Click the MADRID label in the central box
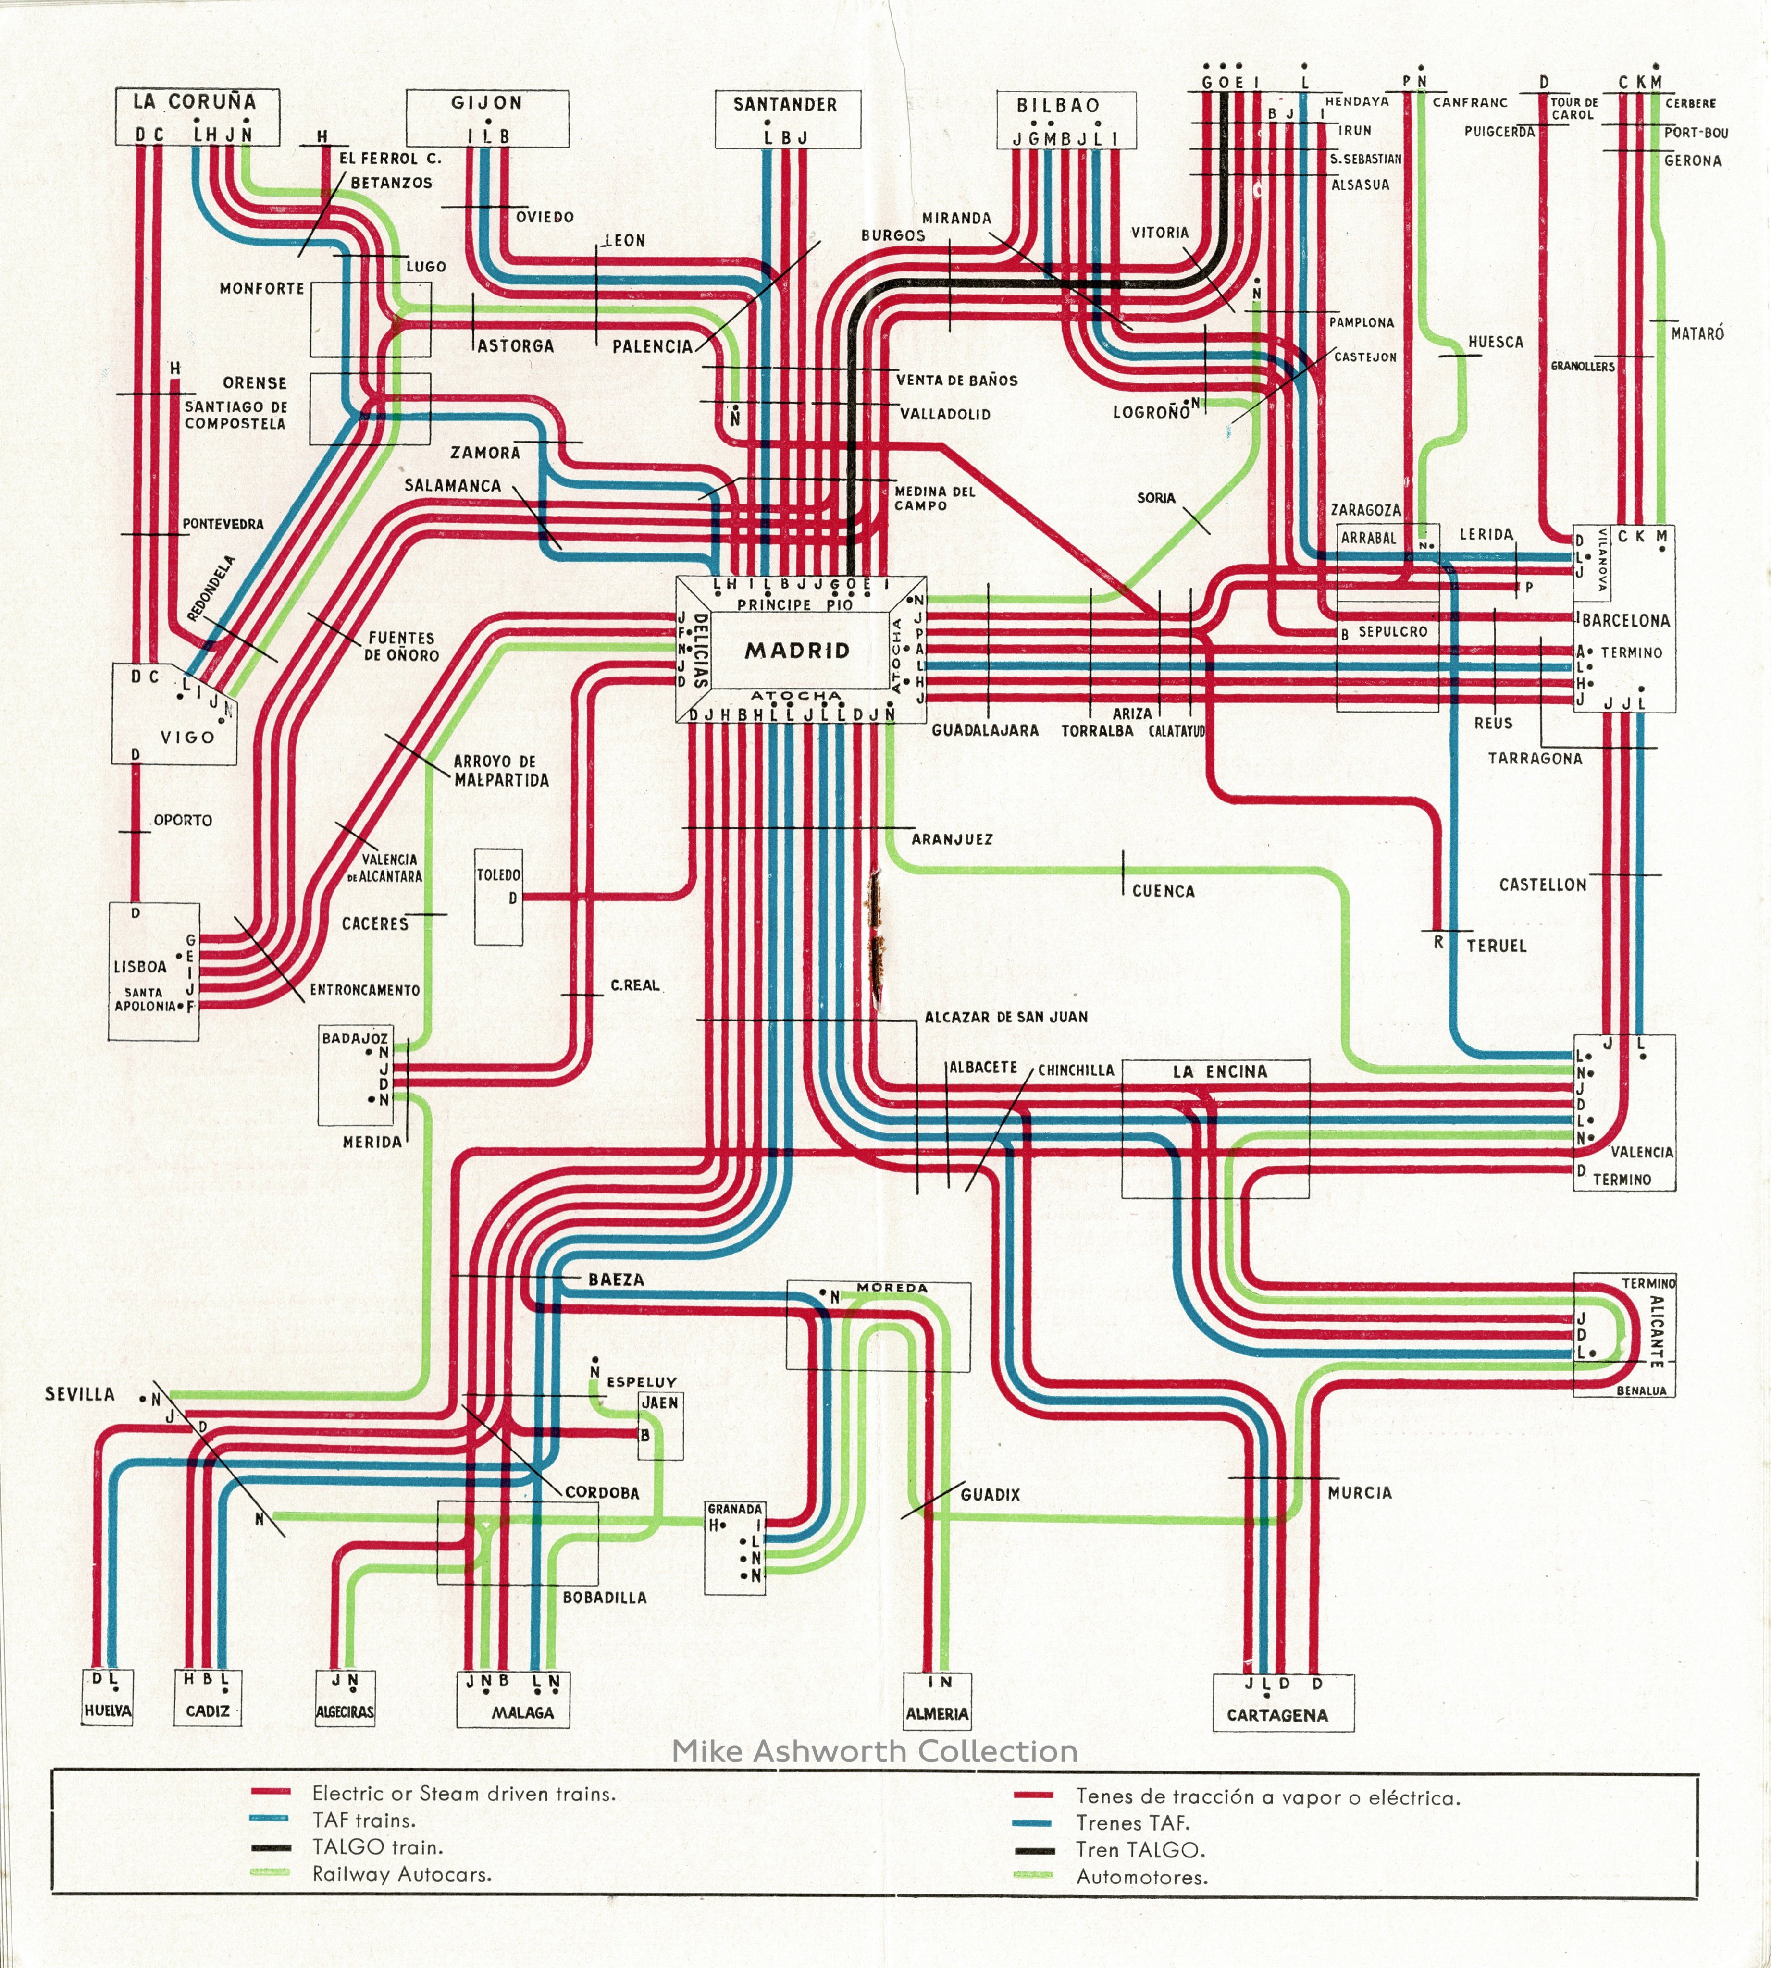click(797, 651)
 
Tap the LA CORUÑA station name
click(195, 101)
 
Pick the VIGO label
click(188, 738)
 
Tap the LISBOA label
click(140, 967)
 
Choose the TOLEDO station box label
click(498, 875)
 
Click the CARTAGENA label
click(1276, 1715)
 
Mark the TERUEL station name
click(1497, 946)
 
